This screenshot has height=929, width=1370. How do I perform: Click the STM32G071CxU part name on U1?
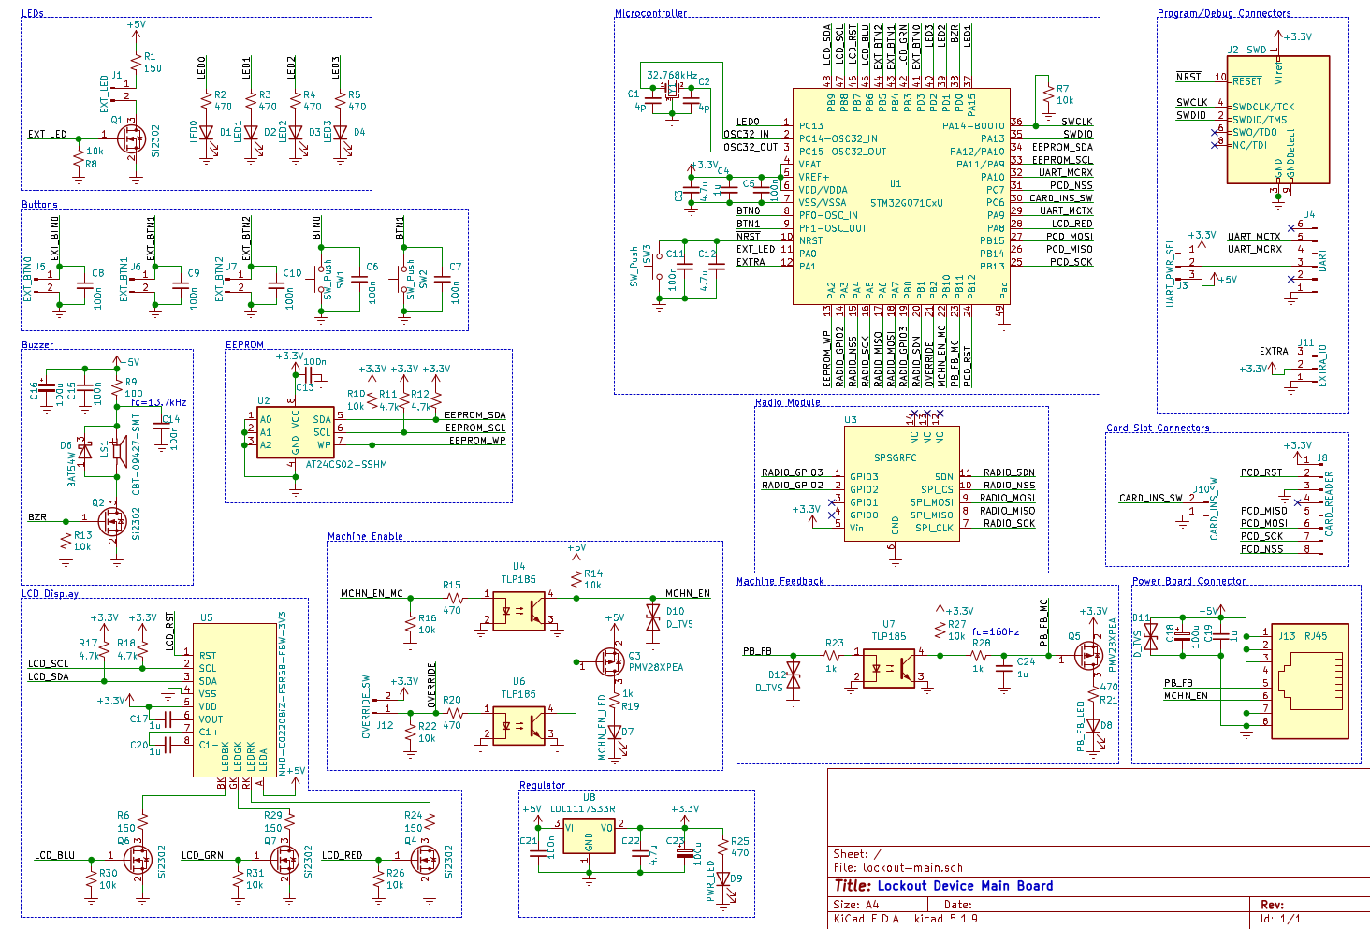906,203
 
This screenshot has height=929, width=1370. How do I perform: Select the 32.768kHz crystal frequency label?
671,75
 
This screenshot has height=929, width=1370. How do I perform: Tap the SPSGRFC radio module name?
895,458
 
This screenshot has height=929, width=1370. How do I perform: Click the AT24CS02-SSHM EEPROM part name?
346,465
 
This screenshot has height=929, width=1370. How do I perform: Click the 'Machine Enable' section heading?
365,537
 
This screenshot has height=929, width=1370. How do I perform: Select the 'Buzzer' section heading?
37,345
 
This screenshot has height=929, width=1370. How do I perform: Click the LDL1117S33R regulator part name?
582,809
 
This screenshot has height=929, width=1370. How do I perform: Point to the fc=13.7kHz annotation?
158,402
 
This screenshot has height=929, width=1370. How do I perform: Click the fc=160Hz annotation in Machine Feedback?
995,631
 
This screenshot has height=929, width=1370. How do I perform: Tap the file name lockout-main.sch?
912,868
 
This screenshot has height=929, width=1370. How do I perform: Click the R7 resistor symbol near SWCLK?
1048,95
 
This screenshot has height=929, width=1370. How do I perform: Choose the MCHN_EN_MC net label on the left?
372,594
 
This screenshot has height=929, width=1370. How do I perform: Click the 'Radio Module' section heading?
787,403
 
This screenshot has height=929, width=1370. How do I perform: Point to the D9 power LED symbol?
722,878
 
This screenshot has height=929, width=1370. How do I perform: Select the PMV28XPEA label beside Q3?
655,668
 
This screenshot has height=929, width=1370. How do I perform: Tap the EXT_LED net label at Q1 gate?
47,135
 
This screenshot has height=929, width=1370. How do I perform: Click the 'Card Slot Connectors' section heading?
1158,428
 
